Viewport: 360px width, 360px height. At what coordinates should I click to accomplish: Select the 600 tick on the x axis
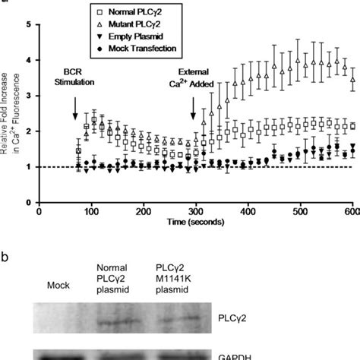click(353, 213)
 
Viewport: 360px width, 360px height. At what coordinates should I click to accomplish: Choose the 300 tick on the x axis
click(197, 213)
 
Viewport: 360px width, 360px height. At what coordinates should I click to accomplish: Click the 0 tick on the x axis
click(39, 213)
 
